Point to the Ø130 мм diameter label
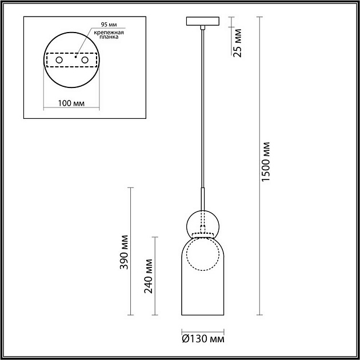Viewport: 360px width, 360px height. (202, 339)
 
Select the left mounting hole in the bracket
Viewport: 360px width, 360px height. (59, 60)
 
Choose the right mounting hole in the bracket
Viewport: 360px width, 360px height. (85, 60)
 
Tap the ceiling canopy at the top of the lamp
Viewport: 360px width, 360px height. (202, 22)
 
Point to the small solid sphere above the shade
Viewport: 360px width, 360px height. (202, 223)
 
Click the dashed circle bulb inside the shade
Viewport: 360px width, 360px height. (202, 254)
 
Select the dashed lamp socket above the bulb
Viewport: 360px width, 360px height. (202, 235)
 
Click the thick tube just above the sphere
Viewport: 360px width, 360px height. (202, 198)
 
